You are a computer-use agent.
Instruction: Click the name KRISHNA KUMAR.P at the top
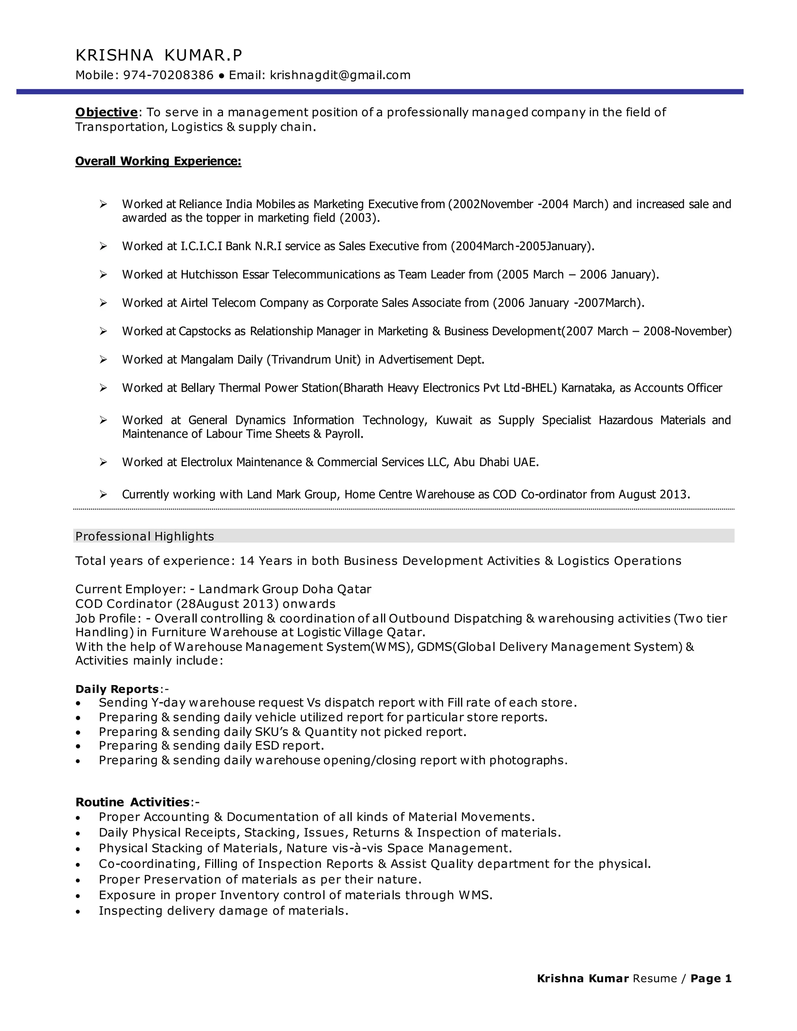159,56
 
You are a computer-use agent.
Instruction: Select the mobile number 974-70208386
168,75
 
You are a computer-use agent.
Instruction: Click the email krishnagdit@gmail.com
340,75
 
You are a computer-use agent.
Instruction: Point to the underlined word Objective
106,112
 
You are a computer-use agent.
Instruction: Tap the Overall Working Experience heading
158,161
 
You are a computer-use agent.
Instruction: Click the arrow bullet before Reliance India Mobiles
104,204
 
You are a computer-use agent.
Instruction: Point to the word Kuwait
453,420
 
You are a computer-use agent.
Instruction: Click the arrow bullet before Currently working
104,494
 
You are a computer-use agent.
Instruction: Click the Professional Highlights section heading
144,536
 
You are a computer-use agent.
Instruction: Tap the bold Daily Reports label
117,689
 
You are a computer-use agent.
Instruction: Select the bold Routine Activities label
133,802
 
